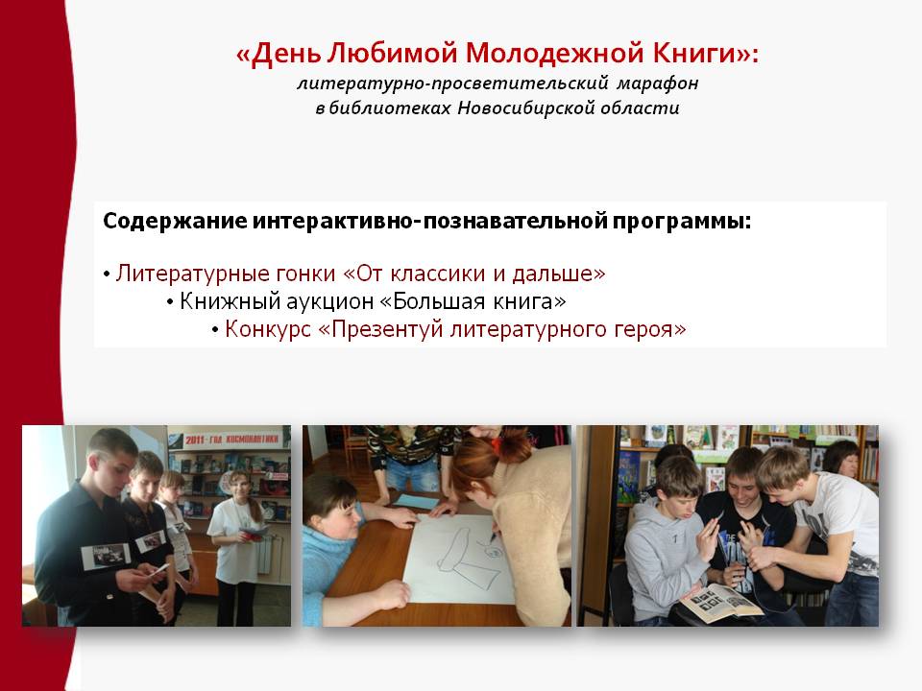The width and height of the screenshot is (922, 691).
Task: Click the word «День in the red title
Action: coord(279,54)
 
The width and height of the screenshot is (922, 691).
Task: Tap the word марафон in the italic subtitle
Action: coord(657,83)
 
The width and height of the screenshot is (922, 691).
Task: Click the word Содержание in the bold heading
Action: coord(175,222)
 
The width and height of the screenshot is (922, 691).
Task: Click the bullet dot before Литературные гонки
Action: coord(107,275)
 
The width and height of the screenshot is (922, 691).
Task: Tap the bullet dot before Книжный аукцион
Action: coord(170,302)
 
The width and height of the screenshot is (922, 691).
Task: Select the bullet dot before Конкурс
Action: coord(215,330)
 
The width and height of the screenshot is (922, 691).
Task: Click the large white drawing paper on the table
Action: coord(460,560)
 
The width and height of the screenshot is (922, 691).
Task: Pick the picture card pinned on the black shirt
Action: coord(106,556)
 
